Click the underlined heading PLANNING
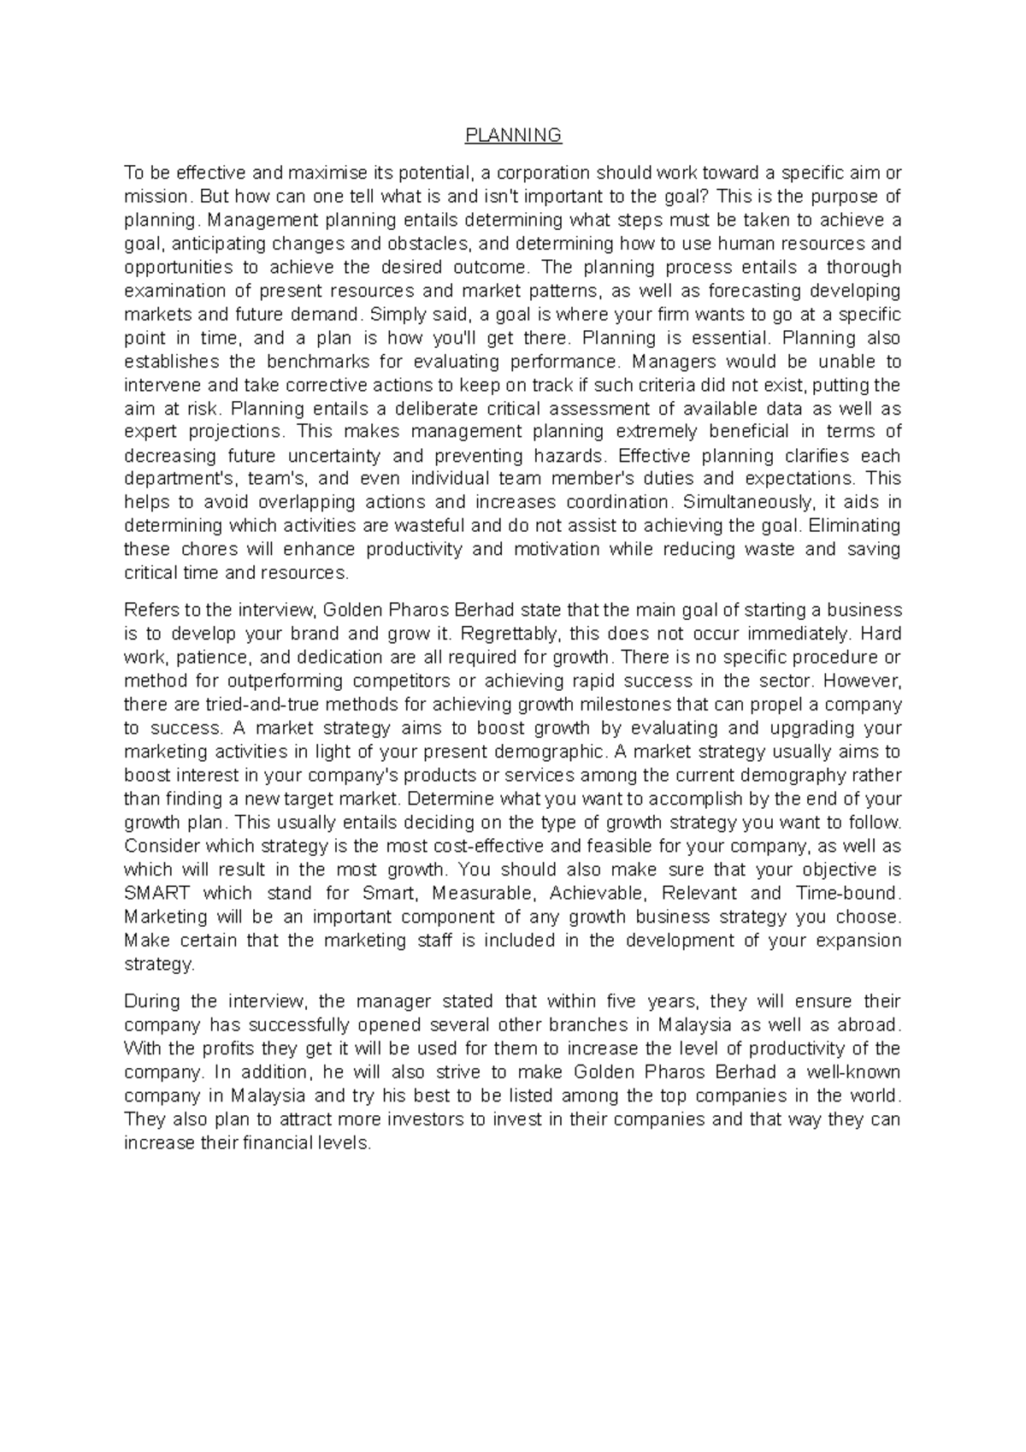pos(513,135)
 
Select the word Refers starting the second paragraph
pos(149,611)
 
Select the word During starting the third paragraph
pos(150,1001)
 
